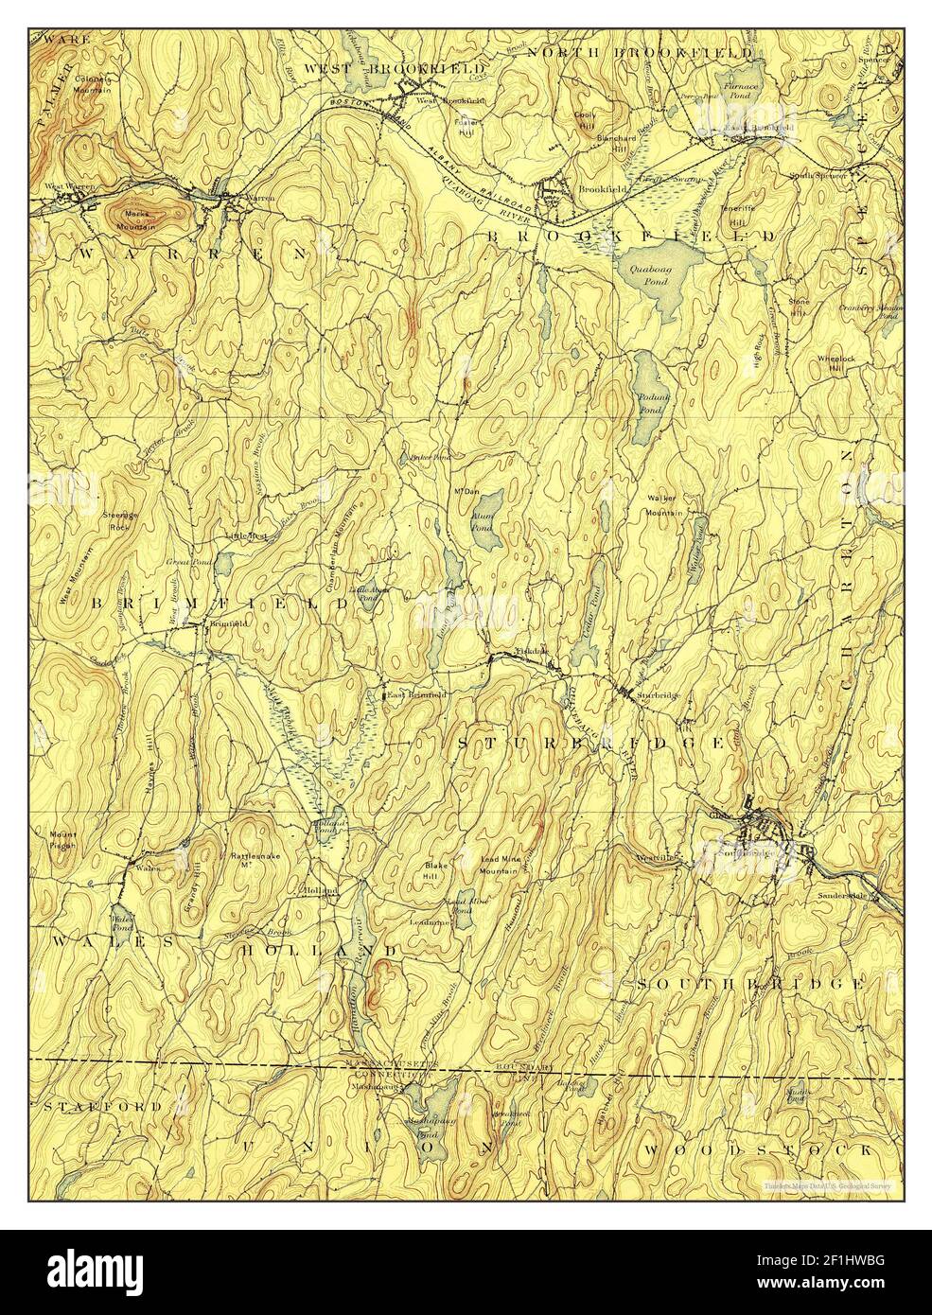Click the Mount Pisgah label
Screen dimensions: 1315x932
pos(63,840)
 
